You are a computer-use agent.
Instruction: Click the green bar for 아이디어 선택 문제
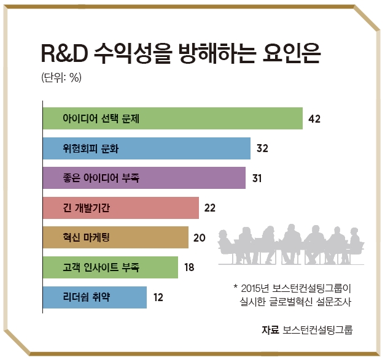[x=173, y=118]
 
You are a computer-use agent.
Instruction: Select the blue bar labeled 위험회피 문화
[x=147, y=148]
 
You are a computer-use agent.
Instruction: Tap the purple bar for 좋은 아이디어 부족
[x=144, y=178]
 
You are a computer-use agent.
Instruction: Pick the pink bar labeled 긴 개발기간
[x=121, y=208]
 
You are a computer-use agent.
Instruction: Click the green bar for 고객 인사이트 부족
[x=111, y=267]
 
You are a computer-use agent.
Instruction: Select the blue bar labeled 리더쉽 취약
[x=95, y=297]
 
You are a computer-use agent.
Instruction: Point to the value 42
[x=315, y=119]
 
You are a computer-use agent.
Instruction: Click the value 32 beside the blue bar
[x=263, y=148]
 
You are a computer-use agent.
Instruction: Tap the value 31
[x=257, y=178]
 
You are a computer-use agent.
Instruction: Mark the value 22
[x=210, y=208]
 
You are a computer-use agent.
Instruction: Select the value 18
[x=189, y=267]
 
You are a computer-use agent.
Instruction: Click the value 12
[x=158, y=297]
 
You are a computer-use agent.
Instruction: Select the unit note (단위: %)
[x=61, y=78]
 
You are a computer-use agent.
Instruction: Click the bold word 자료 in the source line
[x=270, y=330]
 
